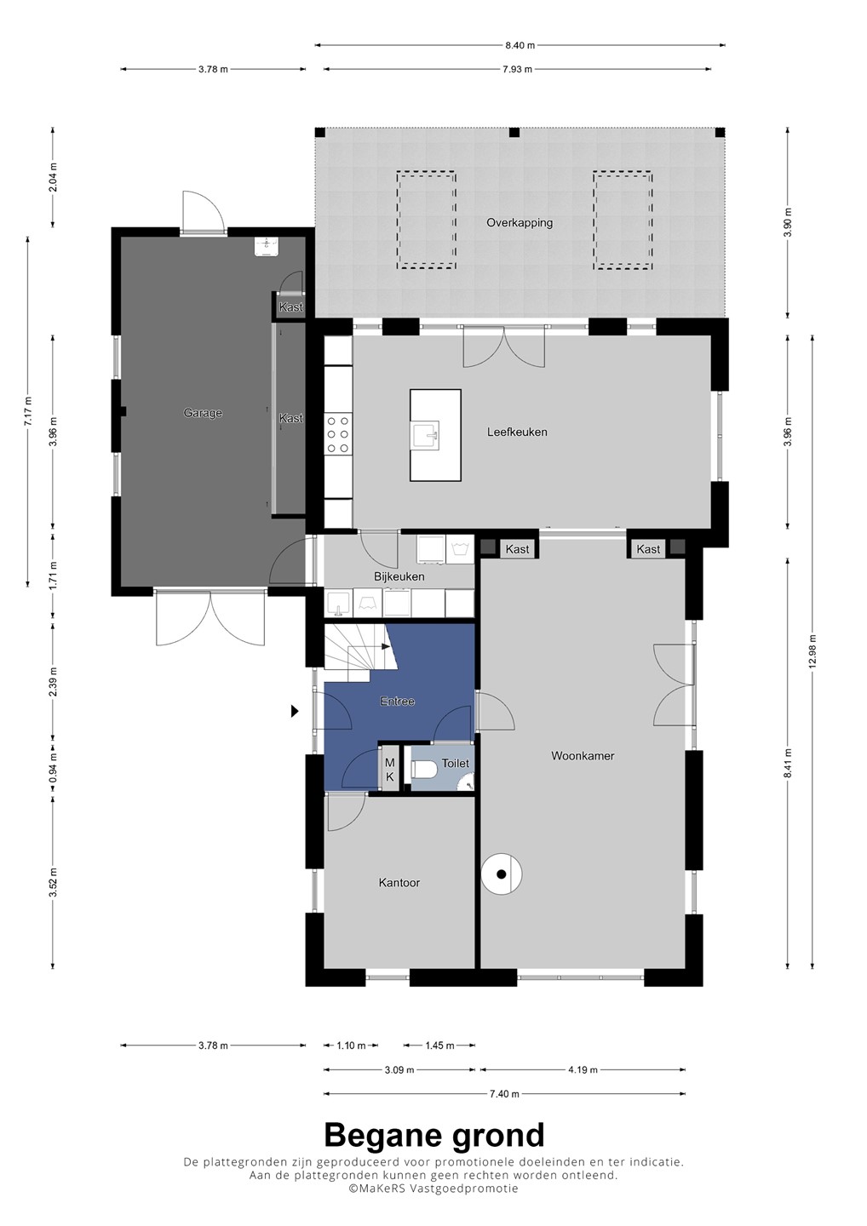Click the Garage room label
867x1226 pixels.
point(203,413)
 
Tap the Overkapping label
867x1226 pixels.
point(520,223)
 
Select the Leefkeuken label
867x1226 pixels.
point(517,432)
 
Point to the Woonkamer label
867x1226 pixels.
point(583,756)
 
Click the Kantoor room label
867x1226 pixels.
point(399,883)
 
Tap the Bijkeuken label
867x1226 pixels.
point(399,577)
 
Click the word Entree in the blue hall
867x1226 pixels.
point(398,702)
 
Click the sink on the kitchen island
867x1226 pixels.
point(426,436)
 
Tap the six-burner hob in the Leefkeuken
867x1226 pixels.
point(338,434)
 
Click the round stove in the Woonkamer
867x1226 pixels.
point(502,874)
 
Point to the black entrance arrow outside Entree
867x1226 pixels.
point(295,712)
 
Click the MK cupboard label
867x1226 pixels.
point(390,770)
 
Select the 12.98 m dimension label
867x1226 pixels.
point(812,651)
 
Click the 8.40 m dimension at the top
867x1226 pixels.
point(520,45)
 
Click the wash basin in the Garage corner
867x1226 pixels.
point(266,246)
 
